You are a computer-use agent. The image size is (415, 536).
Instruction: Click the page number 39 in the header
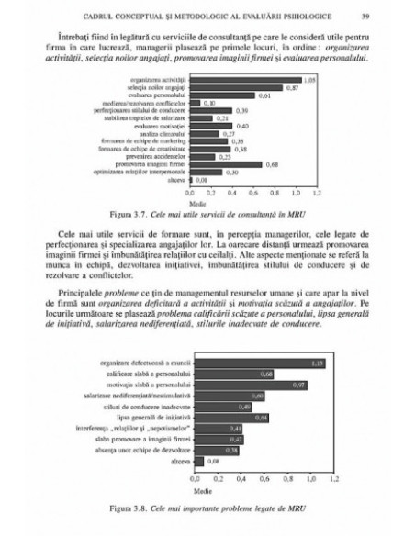tap(365, 16)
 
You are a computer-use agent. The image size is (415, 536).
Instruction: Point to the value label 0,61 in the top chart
tap(263, 95)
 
